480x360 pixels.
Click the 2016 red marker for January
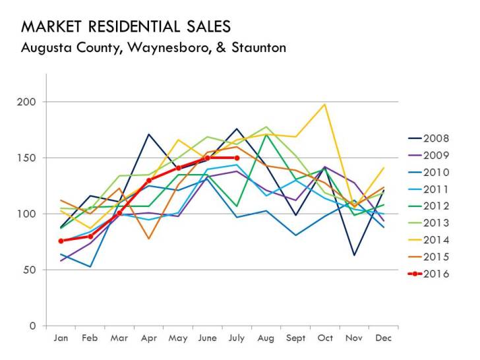pyautogui.click(x=61, y=241)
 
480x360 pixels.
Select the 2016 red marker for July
pyautogui.click(x=237, y=158)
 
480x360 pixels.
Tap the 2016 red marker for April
pyautogui.click(x=149, y=180)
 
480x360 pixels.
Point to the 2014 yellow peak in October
pyautogui.click(x=325, y=104)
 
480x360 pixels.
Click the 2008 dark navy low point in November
pyautogui.click(x=354, y=255)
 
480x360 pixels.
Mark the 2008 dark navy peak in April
pyautogui.click(x=149, y=135)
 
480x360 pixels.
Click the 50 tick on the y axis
pyautogui.click(x=30, y=270)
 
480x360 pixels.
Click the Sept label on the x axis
pyautogui.click(x=295, y=338)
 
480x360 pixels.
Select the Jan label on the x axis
pyautogui.click(x=61, y=338)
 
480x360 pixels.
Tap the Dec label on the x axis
pyautogui.click(x=384, y=338)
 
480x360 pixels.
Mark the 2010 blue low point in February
pyautogui.click(x=90, y=266)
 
